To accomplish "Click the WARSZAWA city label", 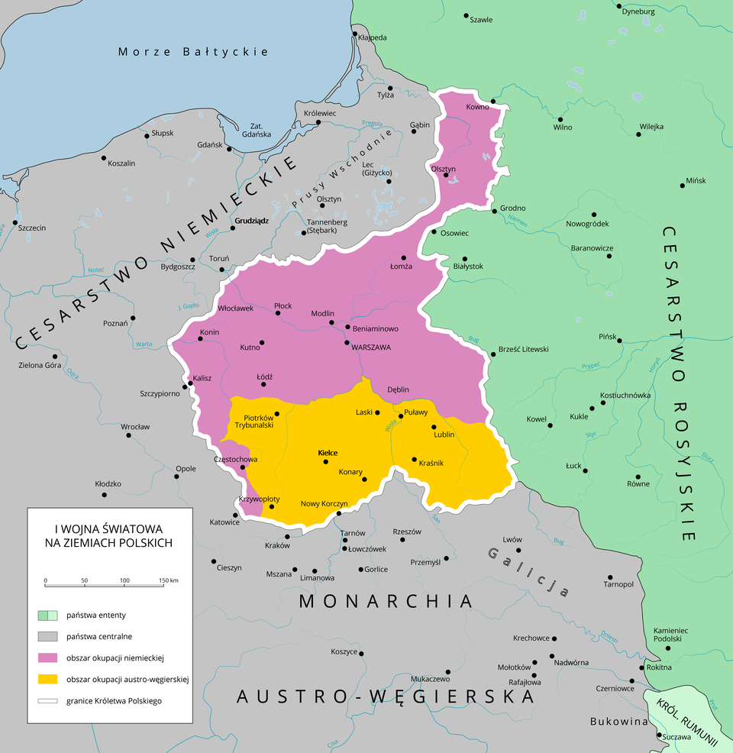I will coord(371,347).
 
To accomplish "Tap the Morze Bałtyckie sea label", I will coord(193,52).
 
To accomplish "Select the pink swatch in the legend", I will coord(47,657).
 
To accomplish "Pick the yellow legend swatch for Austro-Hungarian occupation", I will coord(47,679).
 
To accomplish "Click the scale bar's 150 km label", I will coord(168,581).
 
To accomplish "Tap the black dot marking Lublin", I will coord(434,427).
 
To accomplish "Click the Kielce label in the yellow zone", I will coord(327,453).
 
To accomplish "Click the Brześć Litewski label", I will coord(523,349).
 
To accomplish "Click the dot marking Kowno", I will coord(492,102).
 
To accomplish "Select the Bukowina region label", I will coord(618,721).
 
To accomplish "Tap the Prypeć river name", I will coord(591,366).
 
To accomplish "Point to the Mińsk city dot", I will coord(682,186).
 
